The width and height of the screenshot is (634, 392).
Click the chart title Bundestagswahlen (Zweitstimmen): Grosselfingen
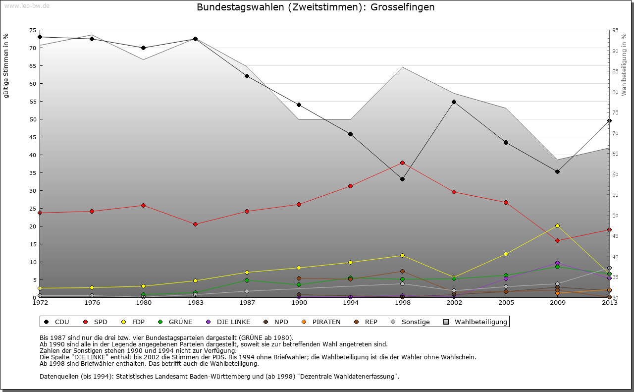coord(316,7)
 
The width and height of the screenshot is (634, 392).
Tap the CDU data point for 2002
coord(454,102)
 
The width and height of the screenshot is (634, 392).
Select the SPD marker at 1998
coord(402,163)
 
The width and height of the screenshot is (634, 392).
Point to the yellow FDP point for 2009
coord(558,225)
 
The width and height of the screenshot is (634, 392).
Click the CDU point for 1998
coord(402,179)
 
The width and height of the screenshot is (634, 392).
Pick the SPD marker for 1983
coord(195,224)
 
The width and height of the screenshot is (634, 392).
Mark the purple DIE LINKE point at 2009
coord(558,263)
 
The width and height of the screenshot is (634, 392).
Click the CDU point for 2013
coord(609,121)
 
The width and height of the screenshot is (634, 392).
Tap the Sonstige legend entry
coord(411,322)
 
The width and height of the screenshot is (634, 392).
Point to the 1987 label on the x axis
coord(247,303)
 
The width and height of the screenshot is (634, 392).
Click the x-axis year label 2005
coord(506,303)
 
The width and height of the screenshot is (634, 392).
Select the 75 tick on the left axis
coord(33,30)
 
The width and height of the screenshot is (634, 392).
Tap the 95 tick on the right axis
coord(615,30)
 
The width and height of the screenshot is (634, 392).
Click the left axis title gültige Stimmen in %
coord(6,65)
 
